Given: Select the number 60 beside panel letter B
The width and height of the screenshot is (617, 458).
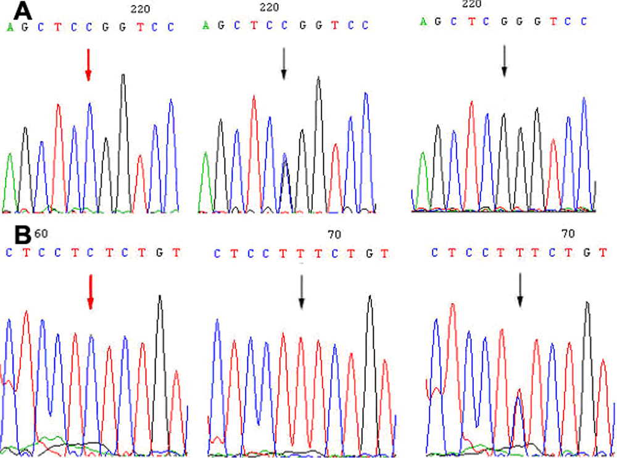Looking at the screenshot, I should coord(41,233).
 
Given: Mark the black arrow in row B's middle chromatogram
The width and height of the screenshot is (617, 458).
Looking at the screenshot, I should coord(301,291).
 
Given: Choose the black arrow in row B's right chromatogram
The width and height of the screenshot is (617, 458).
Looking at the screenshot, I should coord(520,290).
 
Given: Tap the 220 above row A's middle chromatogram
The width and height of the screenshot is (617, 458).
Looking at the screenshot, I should coord(270,7).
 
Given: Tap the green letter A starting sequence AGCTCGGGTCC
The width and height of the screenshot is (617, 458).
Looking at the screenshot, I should coord(423,22).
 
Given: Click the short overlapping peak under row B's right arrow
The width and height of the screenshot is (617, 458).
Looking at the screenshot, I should coord(520,407).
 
